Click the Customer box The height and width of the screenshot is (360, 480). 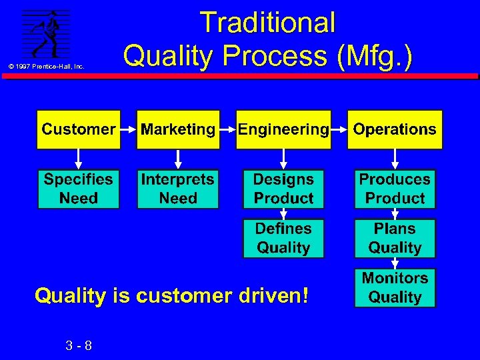pyautogui.click(x=79, y=129)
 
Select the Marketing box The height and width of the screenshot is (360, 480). pyautogui.click(x=178, y=129)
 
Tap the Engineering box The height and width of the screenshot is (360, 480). pyautogui.click(x=283, y=129)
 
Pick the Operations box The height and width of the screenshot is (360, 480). pyautogui.click(x=395, y=129)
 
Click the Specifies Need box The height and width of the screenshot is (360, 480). pyautogui.click(x=79, y=189)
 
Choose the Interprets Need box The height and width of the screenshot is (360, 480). pyautogui.click(x=178, y=189)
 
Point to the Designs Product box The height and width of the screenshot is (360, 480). pyautogui.click(x=283, y=189)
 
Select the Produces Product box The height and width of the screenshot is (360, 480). pyautogui.click(x=395, y=189)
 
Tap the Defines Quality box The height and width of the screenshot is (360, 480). pyautogui.click(x=283, y=238)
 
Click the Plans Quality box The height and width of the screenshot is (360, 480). pyautogui.click(x=395, y=238)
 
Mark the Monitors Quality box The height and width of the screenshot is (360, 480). pyautogui.click(x=395, y=287)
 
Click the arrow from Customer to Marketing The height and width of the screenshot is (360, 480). pyautogui.click(x=128, y=129)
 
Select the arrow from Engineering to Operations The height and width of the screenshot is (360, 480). pyautogui.click(x=340, y=129)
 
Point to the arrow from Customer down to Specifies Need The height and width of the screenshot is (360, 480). pyautogui.click(x=79, y=159)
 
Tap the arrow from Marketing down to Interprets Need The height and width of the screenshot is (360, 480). pyautogui.click(x=178, y=159)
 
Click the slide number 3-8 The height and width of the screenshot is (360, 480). pyautogui.click(x=79, y=345)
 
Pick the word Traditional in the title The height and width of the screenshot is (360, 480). pyautogui.click(x=267, y=23)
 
